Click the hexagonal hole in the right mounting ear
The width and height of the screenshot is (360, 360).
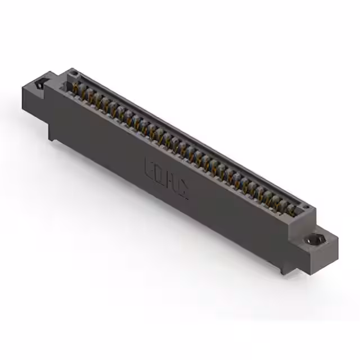pos(312,240)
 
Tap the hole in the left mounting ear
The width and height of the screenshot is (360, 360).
pos(39,85)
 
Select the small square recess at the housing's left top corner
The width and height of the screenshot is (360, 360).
pos(73,75)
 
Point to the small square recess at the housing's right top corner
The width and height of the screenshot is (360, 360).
pos(304,209)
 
